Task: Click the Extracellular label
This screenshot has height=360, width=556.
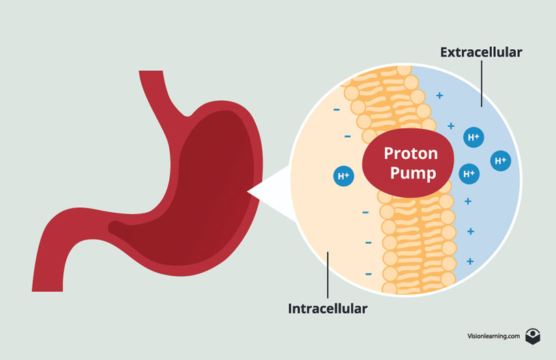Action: point(481,52)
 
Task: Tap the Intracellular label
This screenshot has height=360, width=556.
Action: point(327,308)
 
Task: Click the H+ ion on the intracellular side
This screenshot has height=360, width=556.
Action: point(342,176)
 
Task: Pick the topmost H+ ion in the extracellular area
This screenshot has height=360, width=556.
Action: point(472,137)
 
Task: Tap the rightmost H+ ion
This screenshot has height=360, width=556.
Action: point(500,161)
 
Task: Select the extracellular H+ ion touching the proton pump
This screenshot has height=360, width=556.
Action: point(469,174)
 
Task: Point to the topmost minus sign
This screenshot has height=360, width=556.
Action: point(336,109)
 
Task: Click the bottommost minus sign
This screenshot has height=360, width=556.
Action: point(368,274)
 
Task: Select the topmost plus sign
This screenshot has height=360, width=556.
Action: point(439,95)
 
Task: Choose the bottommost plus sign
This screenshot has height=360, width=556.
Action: point(469,261)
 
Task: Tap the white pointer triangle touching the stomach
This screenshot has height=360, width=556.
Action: point(269,194)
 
